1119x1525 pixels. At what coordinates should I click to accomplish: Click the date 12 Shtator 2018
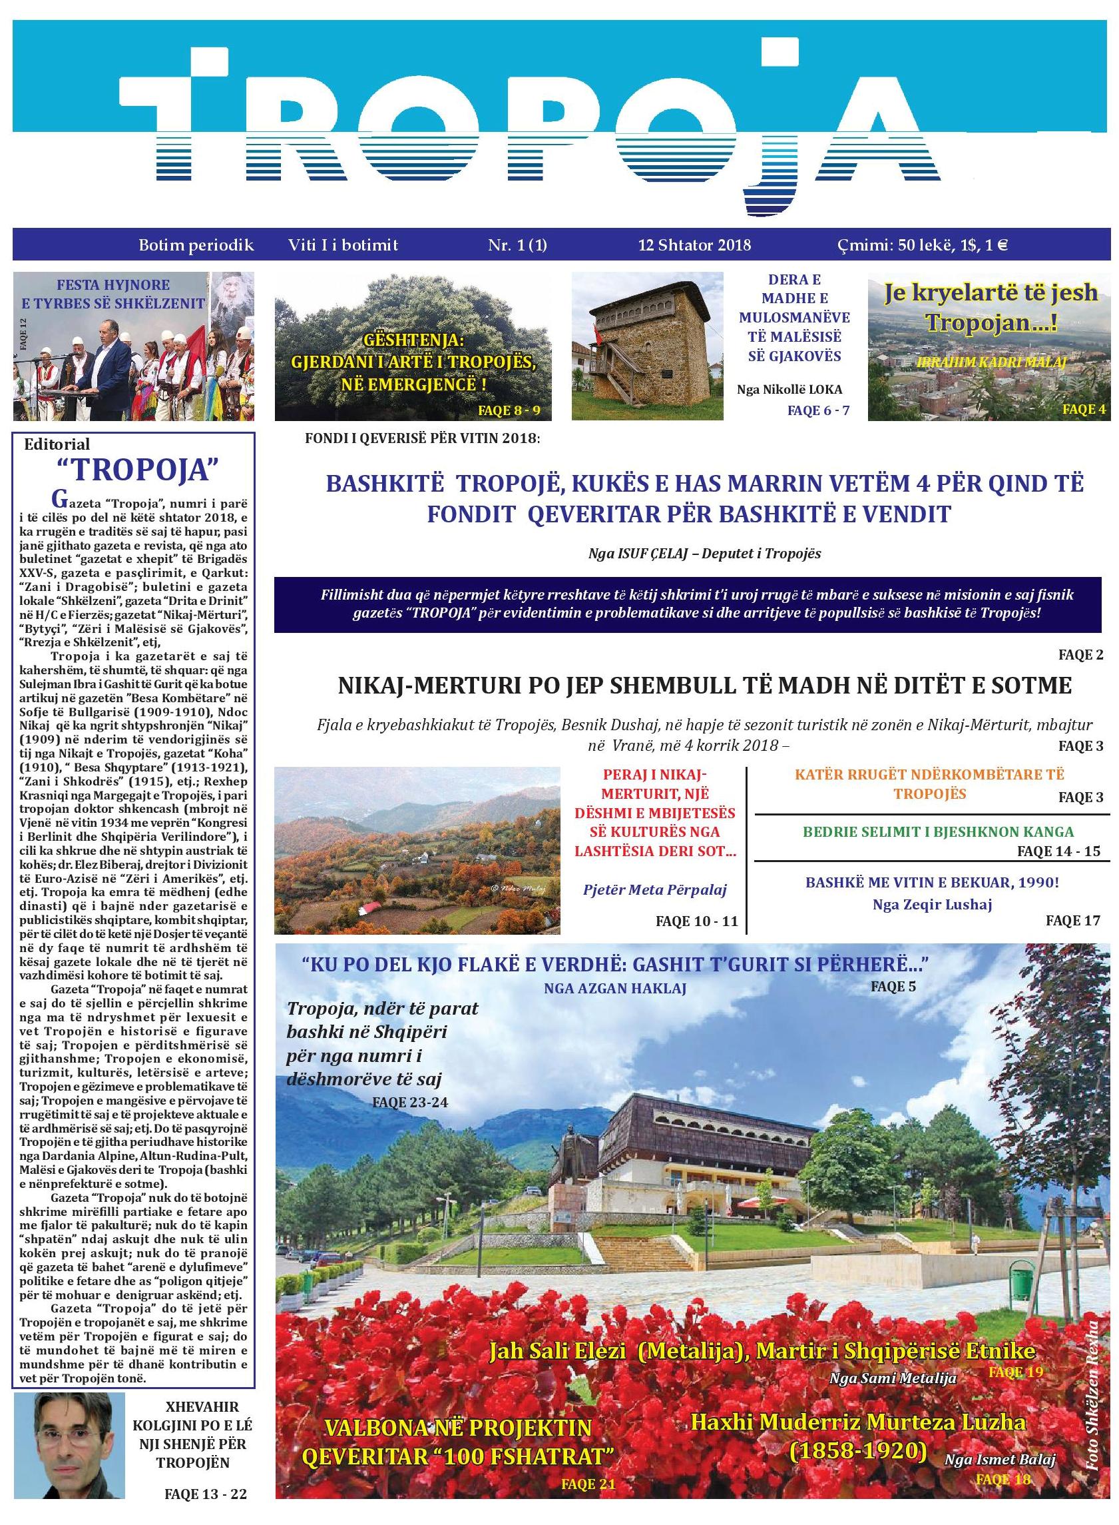point(694,245)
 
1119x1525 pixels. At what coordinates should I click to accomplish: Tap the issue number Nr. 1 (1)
point(517,245)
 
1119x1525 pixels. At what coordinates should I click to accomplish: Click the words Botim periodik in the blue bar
point(196,245)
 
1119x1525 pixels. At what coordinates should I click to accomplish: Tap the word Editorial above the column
point(57,444)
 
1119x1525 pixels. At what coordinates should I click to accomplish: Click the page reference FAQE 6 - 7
point(817,410)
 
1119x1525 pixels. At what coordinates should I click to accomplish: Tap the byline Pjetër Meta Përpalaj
point(654,889)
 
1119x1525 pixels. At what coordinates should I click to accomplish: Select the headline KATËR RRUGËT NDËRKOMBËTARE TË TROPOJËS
point(929,783)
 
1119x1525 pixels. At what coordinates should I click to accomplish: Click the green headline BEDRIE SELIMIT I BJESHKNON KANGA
point(929,831)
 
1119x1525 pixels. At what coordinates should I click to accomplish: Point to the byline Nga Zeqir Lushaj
point(932,903)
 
